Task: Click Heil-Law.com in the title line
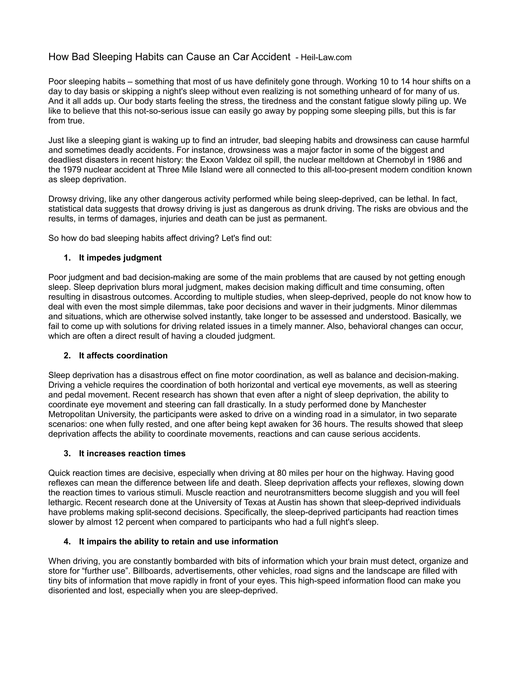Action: click(x=326, y=57)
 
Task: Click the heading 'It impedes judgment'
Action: click(x=120, y=258)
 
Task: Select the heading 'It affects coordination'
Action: click(x=123, y=356)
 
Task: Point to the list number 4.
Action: click(x=67, y=541)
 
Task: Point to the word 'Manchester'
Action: click(x=404, y=404)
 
